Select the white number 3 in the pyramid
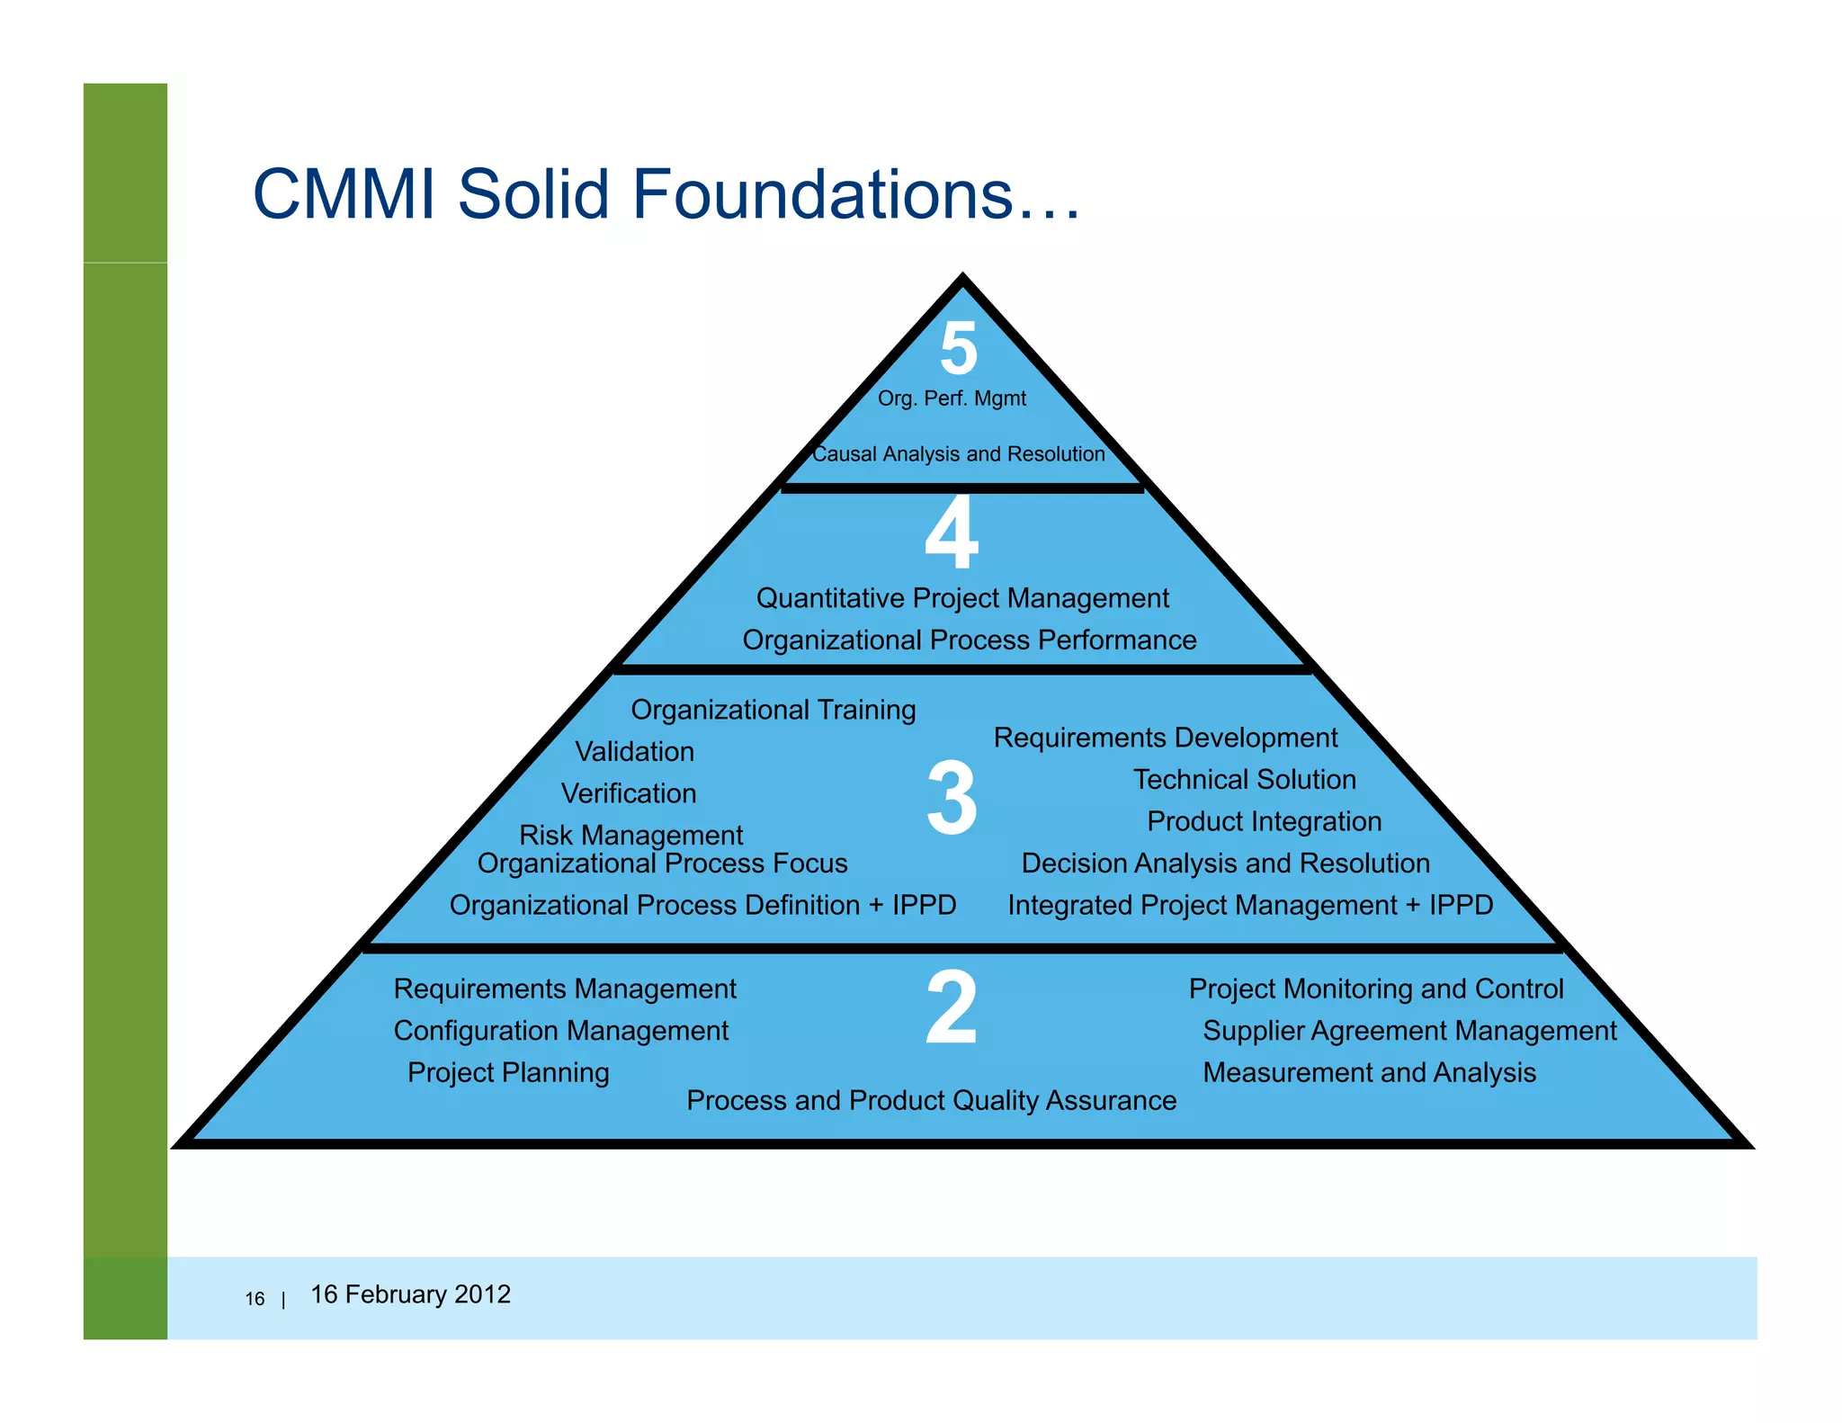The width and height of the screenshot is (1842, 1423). click(x=952, y=798)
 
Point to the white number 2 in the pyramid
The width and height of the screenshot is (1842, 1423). click(x=951, y=1007)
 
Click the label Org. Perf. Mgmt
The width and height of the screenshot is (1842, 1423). click(x=952, y=398)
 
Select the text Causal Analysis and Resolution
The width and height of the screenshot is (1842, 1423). click(x=958, y=454)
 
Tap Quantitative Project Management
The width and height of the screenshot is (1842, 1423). click(x=962, y=598)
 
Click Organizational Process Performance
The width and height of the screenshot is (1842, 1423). click(x=969, y=640)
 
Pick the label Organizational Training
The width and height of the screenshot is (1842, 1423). click(x=773, y=710)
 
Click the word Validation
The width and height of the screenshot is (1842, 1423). click(x=634, y=751)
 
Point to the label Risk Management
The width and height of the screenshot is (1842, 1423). click(x=630, y=835)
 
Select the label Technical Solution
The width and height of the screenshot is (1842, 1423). click(x=1244, y=779)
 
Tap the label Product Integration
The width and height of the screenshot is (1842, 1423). click(x=1264, y=821)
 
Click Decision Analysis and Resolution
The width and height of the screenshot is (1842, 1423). click(x=1225, y=863)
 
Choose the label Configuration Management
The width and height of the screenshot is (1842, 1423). click(x=560, y=1030)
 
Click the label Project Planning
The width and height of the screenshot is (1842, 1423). click(x=508, y=1072)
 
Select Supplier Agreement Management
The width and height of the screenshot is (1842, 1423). click(x=1409, y=1030)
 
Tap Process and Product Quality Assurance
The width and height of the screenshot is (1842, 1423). click(x=931, y=1100)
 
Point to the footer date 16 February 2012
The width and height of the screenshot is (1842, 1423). click(x=410, y=1294)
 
